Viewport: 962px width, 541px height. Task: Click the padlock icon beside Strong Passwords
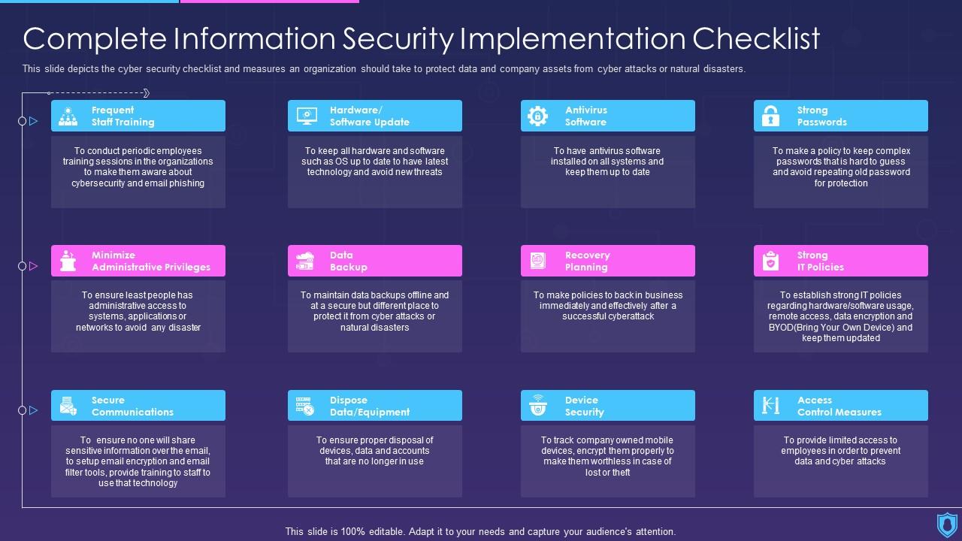point(770,116)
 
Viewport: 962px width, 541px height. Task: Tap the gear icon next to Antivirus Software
point(537,116)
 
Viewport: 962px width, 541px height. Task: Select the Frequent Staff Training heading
point(123,116)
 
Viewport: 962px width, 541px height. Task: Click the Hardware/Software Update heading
point(369,116)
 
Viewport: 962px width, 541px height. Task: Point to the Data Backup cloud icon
point(305,261)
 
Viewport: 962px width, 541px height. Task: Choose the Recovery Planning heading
point(587,261)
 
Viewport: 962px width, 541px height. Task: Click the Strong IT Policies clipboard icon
point(770,261)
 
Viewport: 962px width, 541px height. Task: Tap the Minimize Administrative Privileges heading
point(150,261)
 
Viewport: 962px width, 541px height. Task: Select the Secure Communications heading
point(132,406)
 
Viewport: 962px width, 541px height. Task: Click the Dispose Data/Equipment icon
point(305,406)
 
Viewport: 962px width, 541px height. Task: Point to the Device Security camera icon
point(537,406)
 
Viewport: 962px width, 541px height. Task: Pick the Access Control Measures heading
point(839,406)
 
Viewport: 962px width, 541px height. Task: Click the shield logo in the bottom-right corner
point(947,524)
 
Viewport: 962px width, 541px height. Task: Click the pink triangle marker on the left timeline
point(33,266)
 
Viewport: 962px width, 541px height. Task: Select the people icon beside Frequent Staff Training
point(68,116)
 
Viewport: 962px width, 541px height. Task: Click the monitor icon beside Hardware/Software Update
point(307,116)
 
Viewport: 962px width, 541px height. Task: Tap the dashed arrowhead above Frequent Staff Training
point(146,93)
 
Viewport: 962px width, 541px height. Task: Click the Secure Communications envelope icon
point(68,406)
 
